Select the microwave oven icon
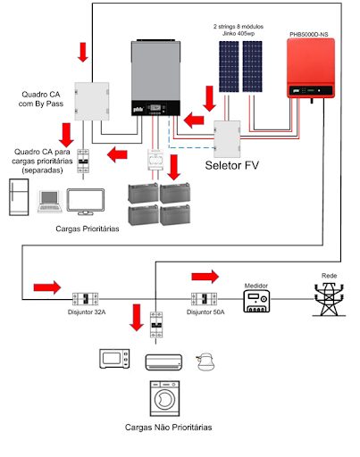113,359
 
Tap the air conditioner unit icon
163,359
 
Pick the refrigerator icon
18,198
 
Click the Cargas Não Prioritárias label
169,428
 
